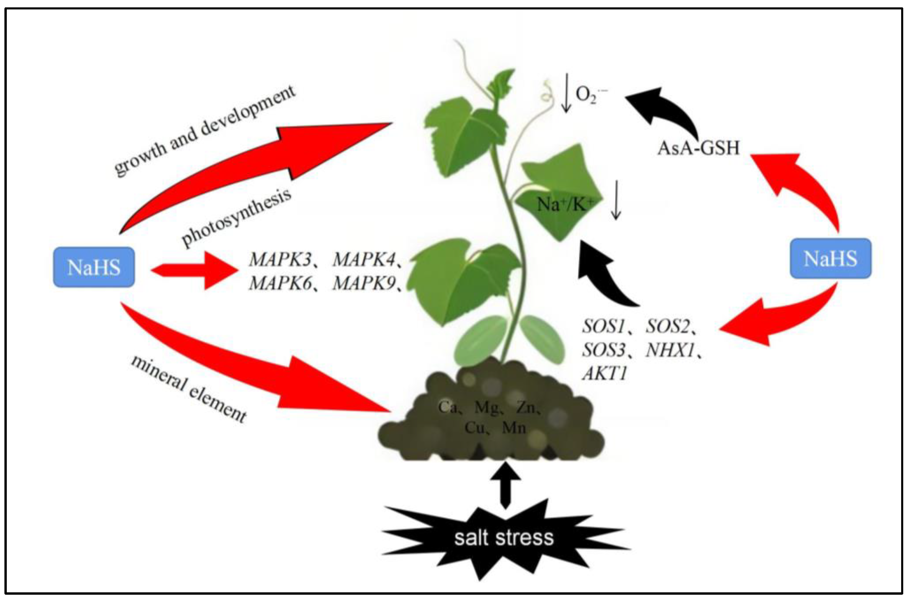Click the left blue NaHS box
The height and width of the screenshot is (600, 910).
94,267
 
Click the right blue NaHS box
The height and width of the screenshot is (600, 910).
830,259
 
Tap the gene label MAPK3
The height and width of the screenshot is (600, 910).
280,260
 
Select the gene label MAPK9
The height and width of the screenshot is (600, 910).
364,284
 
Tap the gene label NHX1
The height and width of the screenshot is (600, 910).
670,350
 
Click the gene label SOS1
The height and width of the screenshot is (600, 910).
603,326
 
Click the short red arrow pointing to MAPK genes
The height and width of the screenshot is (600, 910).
195,270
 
